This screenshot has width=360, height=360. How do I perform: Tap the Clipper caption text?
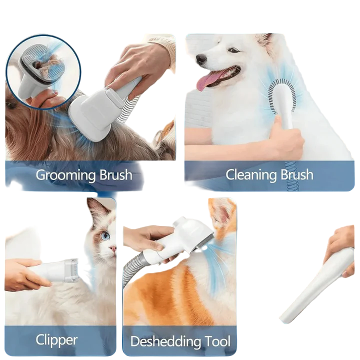pyautogui.click(x=56, y=340)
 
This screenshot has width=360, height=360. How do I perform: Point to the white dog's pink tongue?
pyautogui.click(x=209, y=80)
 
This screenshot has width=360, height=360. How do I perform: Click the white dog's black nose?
pyautogui.click(x=201, y=59)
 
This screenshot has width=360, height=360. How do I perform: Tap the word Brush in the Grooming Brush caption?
pyautogui.click(x=115, y=175)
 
